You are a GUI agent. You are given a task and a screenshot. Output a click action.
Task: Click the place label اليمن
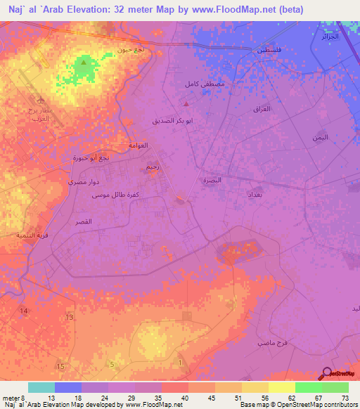pos(320,138)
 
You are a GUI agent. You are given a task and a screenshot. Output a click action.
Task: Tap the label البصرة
pos(212,181)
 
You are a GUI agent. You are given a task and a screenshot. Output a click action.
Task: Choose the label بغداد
pos(255,193)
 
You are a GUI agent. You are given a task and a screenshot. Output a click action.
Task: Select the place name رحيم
pos(153,168)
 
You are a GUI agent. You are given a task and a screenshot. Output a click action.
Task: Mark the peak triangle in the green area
pos(84,63)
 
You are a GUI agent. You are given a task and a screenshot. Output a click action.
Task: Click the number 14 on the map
pos(25,311)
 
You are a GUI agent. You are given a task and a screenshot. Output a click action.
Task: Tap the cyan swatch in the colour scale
pos(41,387)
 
